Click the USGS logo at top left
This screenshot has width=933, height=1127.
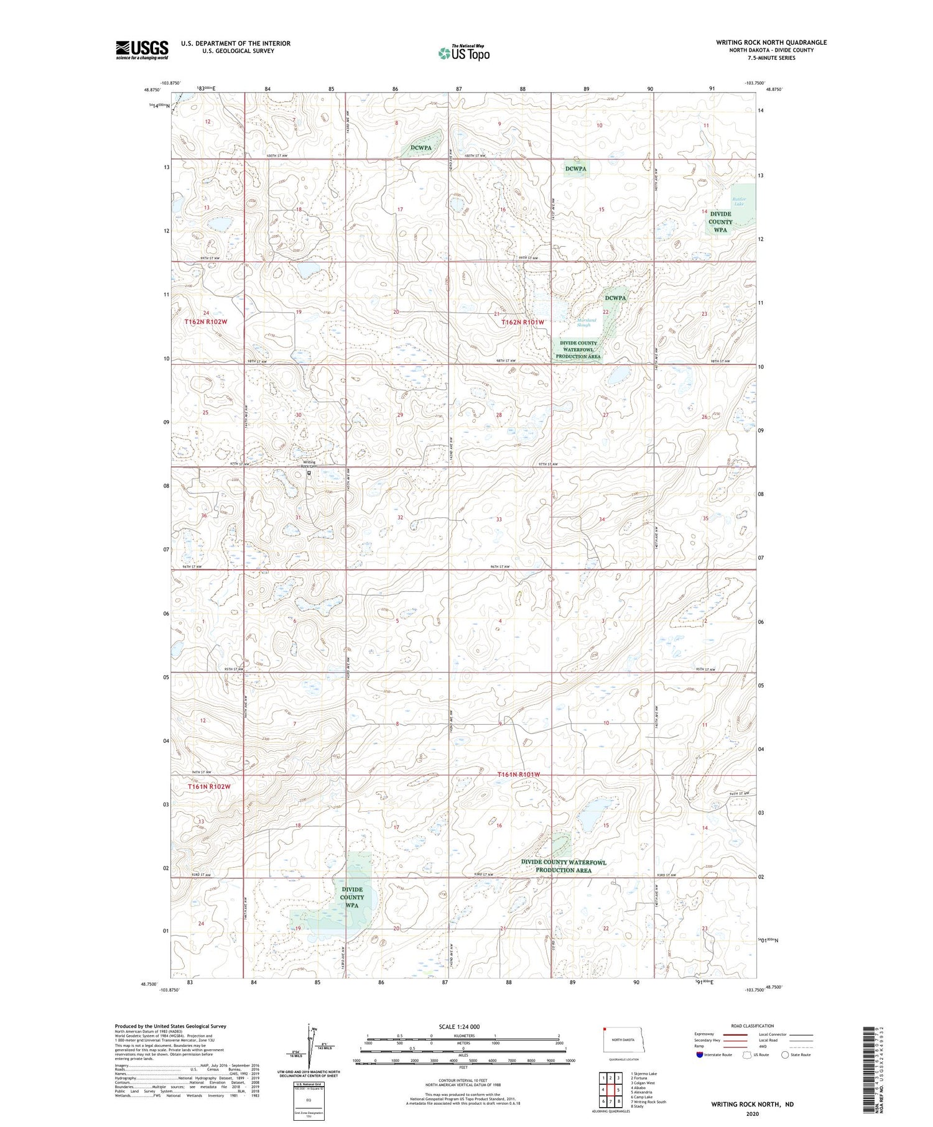[x=142, y=50]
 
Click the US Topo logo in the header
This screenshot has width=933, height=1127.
[x=463, y=53]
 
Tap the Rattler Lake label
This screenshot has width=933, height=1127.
[x=738, y=201]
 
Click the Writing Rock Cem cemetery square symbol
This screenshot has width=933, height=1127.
[x=309, y=472]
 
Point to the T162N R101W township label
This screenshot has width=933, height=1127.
[x=523, y=322]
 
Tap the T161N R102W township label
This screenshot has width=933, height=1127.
[x=209, y=786]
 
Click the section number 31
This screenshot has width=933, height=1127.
[x=299, y=517]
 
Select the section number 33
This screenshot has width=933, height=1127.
[x=499, y=519]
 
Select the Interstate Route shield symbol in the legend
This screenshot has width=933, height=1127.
[x=700, y=1055]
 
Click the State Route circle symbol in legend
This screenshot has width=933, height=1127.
[x=785, y=1055]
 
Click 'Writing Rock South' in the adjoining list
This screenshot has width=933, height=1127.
[x=650, y=1102]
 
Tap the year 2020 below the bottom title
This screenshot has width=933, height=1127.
[x=752, y=1113]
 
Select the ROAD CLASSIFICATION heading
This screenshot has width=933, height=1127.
[x=753, y=1026]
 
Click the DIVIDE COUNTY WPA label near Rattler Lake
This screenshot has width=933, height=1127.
[x=720, y=221]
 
